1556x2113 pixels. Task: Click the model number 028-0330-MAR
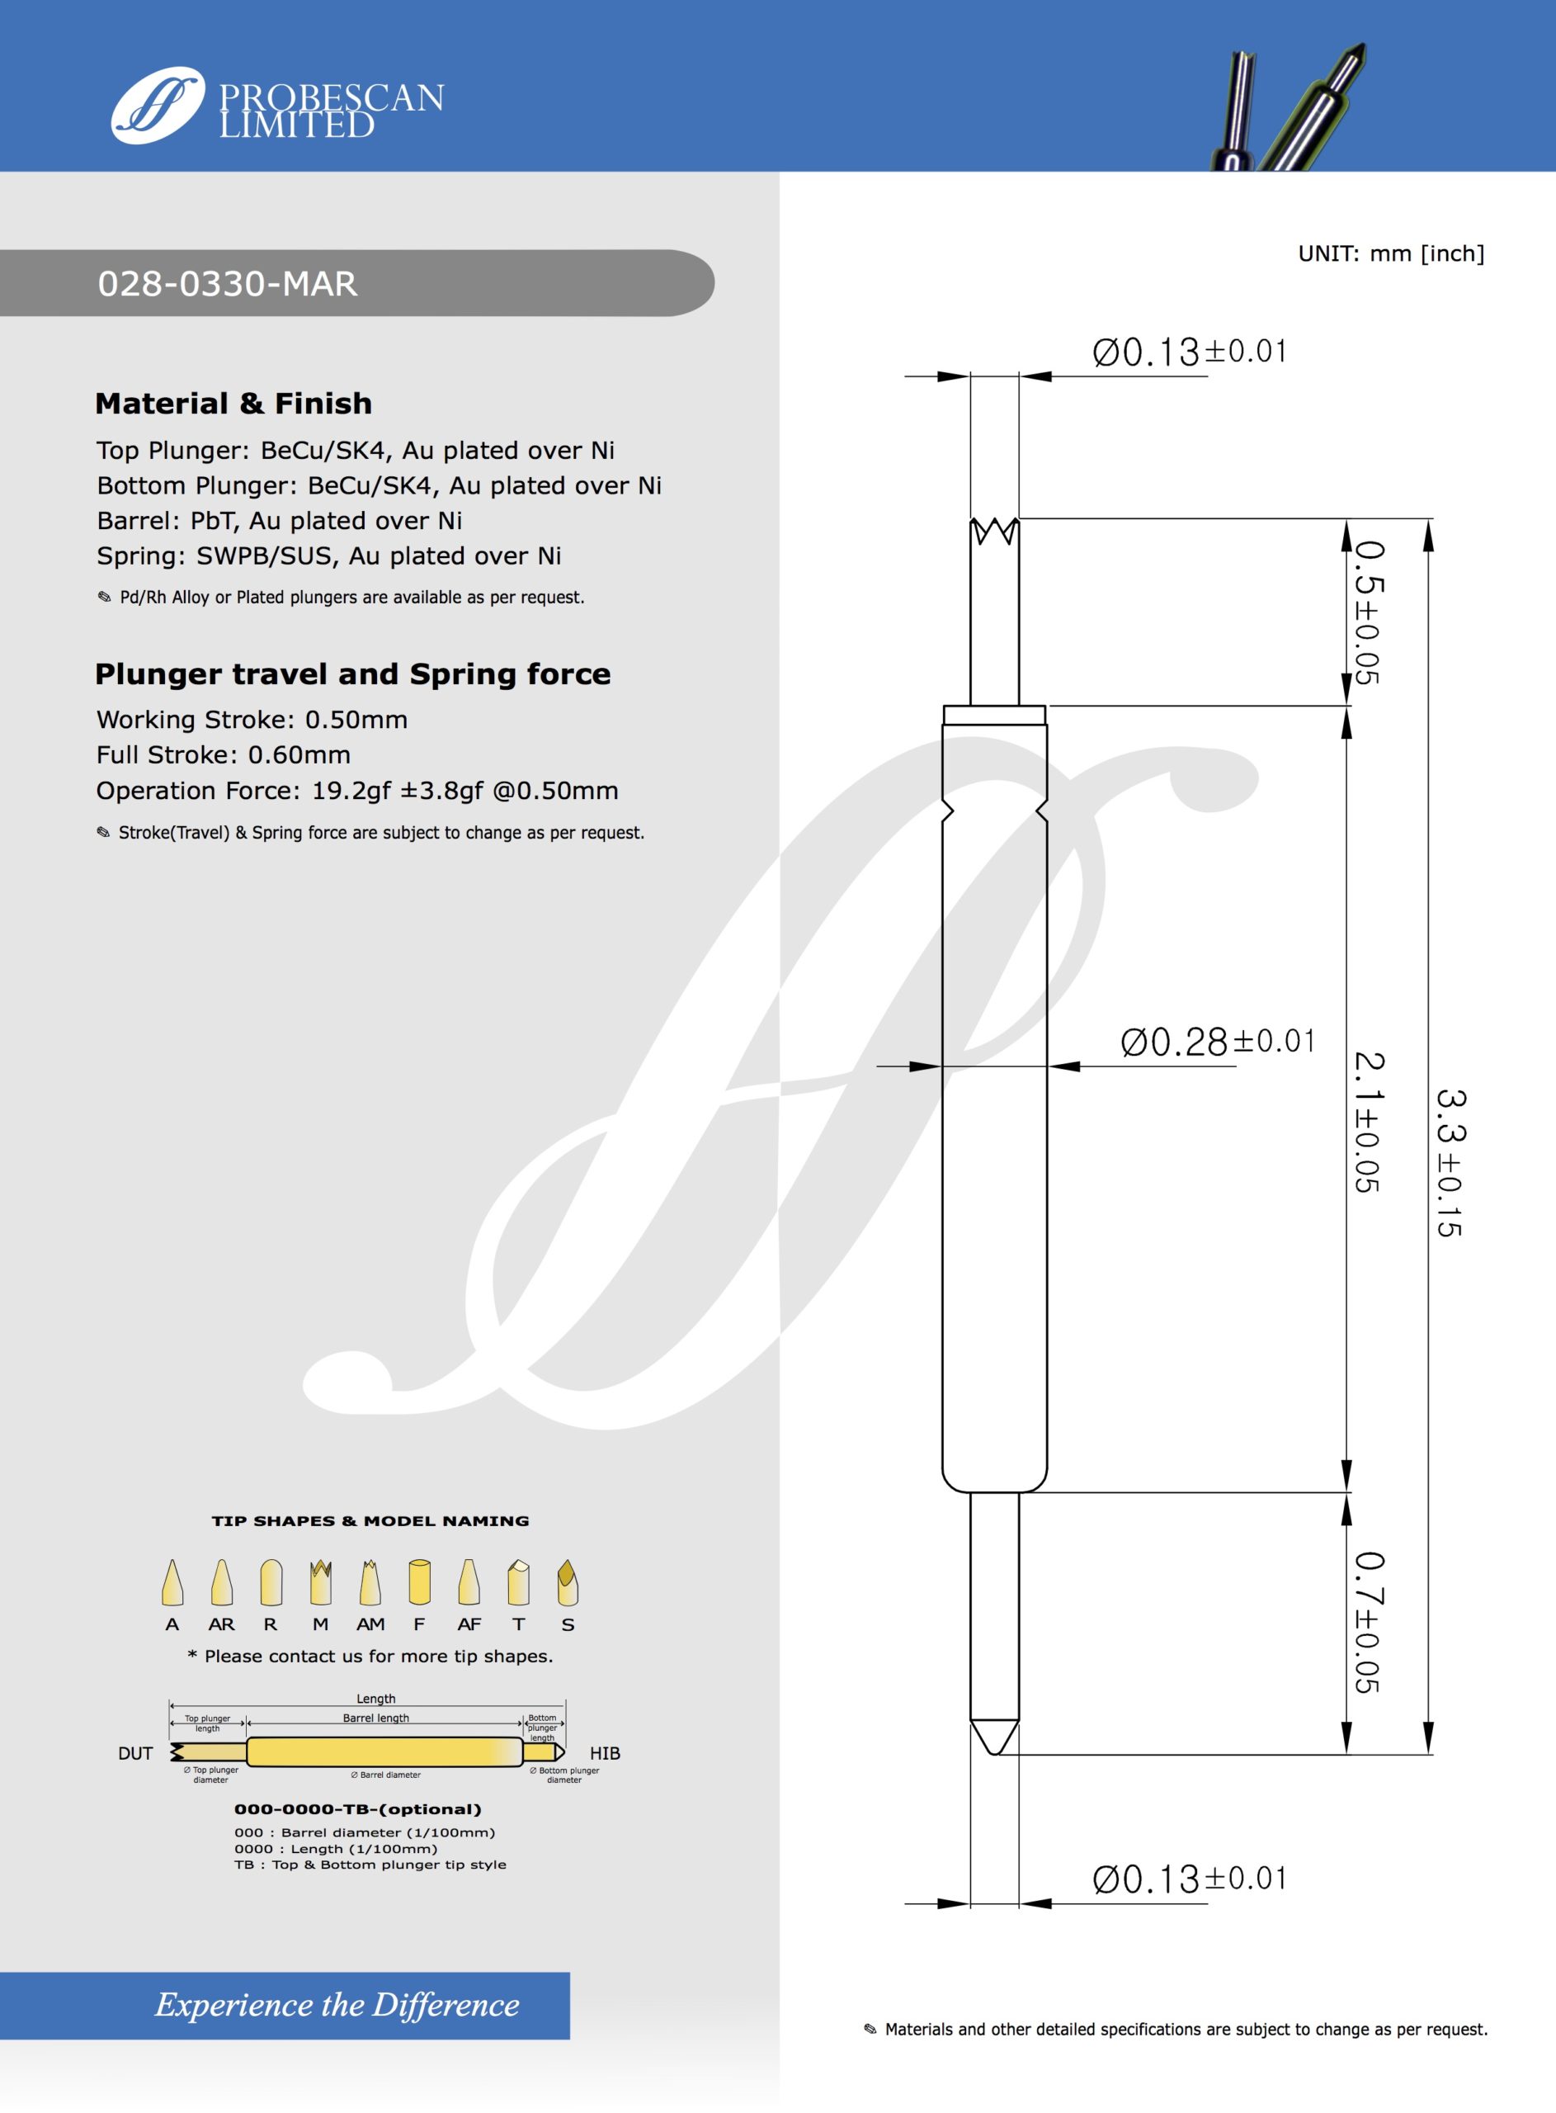[x=227, y=284]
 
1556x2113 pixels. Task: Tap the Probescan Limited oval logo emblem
[x=158, y=106]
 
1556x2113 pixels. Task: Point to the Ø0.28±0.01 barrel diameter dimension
[x=1216, y=1042]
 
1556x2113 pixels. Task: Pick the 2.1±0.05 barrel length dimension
[x=1368, y=1122]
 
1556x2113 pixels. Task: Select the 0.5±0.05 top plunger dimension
[x=1368, y=612]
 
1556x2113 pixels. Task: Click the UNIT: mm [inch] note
[x=1390, y=253]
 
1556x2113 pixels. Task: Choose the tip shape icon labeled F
[x=419, y=1582]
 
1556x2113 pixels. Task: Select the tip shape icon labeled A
[x=172, y=1582]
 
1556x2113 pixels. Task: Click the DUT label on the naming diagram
[x=135, y=1753]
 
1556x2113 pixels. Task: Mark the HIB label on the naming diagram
[x=605, y=1753]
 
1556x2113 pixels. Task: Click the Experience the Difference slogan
[x=337, y=2005]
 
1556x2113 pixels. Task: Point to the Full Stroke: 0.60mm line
[x=224, y=754]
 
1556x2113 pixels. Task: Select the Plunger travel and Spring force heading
[x=352, y=674]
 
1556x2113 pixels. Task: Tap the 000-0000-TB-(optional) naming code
[x=357, y=1808]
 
